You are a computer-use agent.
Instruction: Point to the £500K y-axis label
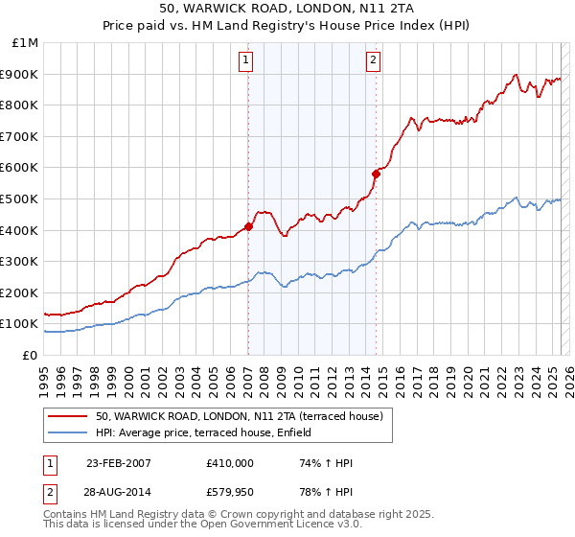pyautogui.click(x=21, y=199)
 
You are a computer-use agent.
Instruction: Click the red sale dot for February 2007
pyautogui.click(x=248, y=226)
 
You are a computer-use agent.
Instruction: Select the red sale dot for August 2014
pyautogui.click(x=376, y=174)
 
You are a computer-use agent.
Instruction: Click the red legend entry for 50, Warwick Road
pyautogui.click(x=239, y=416)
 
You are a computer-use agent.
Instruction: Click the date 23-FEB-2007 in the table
pyautogui.click(x=119, y=463)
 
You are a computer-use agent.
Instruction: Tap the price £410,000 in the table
pyautogui.click(x=230, y=463)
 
